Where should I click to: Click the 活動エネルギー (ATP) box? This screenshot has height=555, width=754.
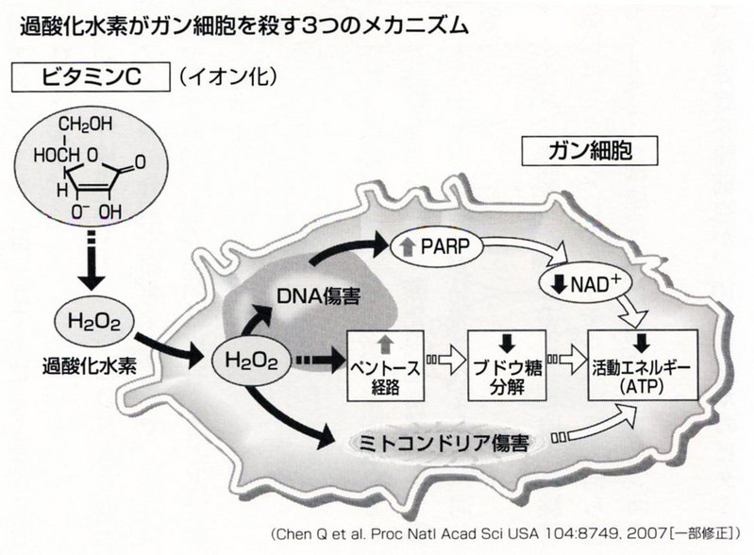[643, 364]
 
